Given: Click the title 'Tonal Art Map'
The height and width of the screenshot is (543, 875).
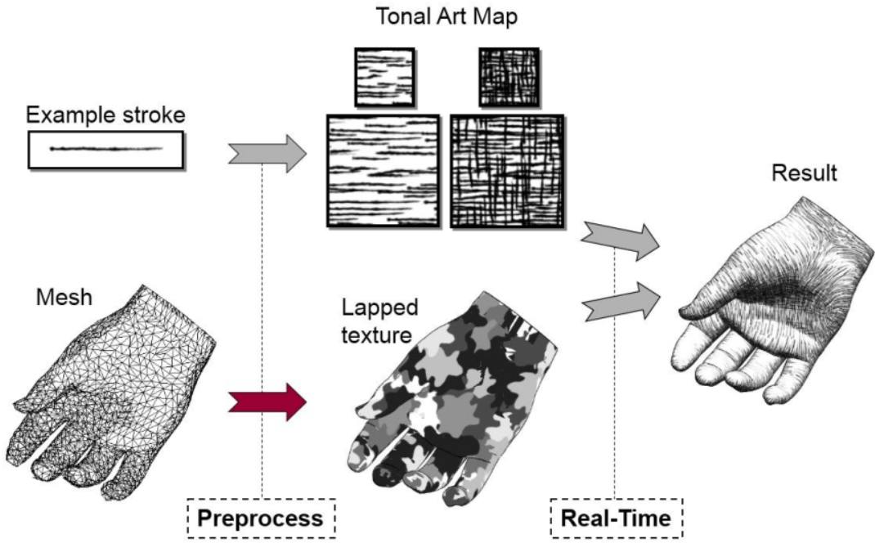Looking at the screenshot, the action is click(446, 16).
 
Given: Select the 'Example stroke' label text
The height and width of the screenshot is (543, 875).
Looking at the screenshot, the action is click(105, 115).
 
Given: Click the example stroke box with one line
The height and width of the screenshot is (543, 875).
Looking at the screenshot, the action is click(105, 150).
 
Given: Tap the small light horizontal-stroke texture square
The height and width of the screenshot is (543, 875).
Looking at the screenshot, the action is click(384, 78).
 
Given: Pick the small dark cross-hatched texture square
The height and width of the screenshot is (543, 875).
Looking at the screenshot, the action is click(509, 78).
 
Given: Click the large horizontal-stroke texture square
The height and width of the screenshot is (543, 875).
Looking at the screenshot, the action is click(383, 172).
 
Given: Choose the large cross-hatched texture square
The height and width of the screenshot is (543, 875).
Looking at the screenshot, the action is click(507, 172).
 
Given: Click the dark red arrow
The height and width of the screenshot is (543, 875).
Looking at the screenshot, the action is click(268, 402).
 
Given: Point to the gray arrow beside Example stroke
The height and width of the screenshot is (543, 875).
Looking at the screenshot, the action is click(268, 154).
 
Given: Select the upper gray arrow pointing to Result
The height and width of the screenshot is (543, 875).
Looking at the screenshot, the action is click(621, 241).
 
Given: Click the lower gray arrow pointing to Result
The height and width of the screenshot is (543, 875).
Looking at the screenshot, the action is click(621, 302).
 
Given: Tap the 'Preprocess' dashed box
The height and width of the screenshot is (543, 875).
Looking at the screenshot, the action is click(261, 518).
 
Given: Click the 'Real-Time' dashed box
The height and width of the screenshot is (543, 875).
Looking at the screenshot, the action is click(616, 518).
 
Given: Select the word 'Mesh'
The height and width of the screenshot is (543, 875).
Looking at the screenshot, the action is click(64, 297).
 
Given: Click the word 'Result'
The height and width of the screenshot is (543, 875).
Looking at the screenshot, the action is click(804, 173).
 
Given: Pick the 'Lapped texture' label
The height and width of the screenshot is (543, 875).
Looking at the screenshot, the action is click(379, 321).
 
